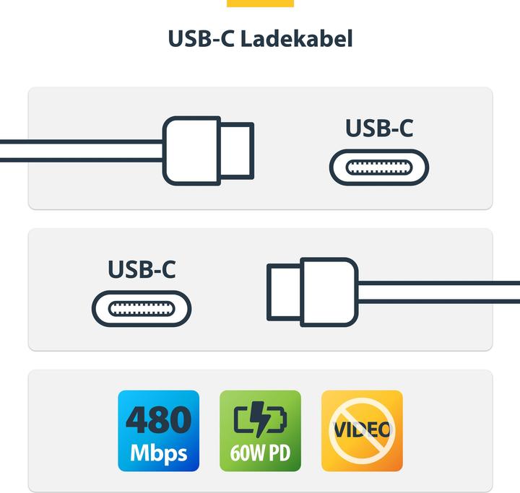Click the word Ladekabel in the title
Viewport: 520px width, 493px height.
click(296, 39)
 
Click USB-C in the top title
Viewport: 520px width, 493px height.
click(201, 39)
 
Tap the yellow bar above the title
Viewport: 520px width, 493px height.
click(260, 4)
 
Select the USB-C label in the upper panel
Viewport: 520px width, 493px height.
click(379, 128)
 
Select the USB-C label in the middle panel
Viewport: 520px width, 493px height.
click(142, 269)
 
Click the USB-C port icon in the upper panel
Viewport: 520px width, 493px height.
click(379, 167)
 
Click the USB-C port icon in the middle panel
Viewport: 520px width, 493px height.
click(142, 309)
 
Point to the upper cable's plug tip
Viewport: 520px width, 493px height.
click(237, 151)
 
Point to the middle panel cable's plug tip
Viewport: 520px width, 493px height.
click(285, 292)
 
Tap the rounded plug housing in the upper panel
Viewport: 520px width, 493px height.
click(191, 151)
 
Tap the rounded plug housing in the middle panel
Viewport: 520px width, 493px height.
click(329, 292)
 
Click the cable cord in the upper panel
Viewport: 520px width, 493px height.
click(82, 151)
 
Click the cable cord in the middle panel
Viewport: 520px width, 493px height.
click(439, 292)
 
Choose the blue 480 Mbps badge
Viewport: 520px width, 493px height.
click(158, 431)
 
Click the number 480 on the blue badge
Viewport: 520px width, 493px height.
click(158, 419)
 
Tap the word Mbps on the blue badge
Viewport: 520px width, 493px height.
click(158, 453)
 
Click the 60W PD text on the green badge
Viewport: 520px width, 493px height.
click(260, 453)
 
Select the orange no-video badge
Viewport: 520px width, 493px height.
click(362, 431)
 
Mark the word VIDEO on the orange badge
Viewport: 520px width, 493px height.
click(362, 430)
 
